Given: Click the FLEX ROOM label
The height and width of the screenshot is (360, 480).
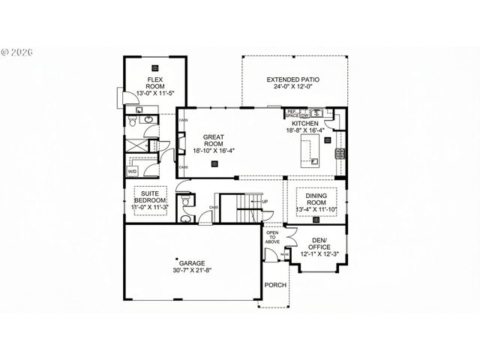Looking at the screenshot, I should point(155,82).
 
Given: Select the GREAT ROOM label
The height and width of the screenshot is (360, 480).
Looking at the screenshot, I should point(214,141).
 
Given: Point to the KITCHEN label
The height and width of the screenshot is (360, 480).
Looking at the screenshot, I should point(305,124).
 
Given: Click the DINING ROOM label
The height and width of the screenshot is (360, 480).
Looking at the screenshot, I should point(316,199).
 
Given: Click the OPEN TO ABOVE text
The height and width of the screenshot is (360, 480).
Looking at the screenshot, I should point(272,237).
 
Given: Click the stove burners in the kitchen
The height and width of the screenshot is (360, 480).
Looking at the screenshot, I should point(339,154).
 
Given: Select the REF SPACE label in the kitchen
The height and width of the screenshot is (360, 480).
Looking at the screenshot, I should point(292,115).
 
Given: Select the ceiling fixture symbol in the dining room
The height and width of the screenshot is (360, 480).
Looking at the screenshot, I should point(316,220).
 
